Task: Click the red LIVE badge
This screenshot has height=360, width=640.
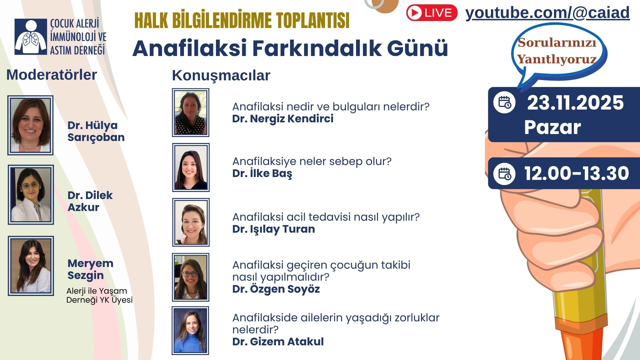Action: click(432, 13)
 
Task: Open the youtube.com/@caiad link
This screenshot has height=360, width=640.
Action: click(547, 13)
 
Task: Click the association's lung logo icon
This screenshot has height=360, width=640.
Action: click(31, 37)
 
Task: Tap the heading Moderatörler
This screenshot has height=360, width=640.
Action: click(52, 75)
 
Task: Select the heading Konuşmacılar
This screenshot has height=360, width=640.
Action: click(221, 76)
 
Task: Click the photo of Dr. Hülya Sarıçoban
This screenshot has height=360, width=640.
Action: click(30, 125)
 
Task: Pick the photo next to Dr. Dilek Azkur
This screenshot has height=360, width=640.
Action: click(31, 195)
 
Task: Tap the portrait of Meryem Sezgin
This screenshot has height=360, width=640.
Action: click(31, 266)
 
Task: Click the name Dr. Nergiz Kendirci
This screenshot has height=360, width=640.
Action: click(283, 119)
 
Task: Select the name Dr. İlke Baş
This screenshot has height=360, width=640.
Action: click(262, 173)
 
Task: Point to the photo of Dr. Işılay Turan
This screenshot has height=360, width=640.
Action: click(191, 222)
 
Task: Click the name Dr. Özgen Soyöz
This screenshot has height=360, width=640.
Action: click(276, 289)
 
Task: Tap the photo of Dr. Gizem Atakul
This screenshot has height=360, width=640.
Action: click(190, 331)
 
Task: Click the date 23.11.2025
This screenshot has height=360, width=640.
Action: click(575, 103)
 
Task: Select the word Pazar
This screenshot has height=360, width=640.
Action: click(552, 127)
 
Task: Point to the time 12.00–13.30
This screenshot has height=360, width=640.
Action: click(577, 173)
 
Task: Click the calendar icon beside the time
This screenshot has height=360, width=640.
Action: click(504, 174)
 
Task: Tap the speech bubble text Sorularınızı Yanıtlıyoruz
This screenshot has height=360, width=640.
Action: click(557, 51)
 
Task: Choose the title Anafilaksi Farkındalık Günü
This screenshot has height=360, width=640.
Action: click(290, 48)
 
